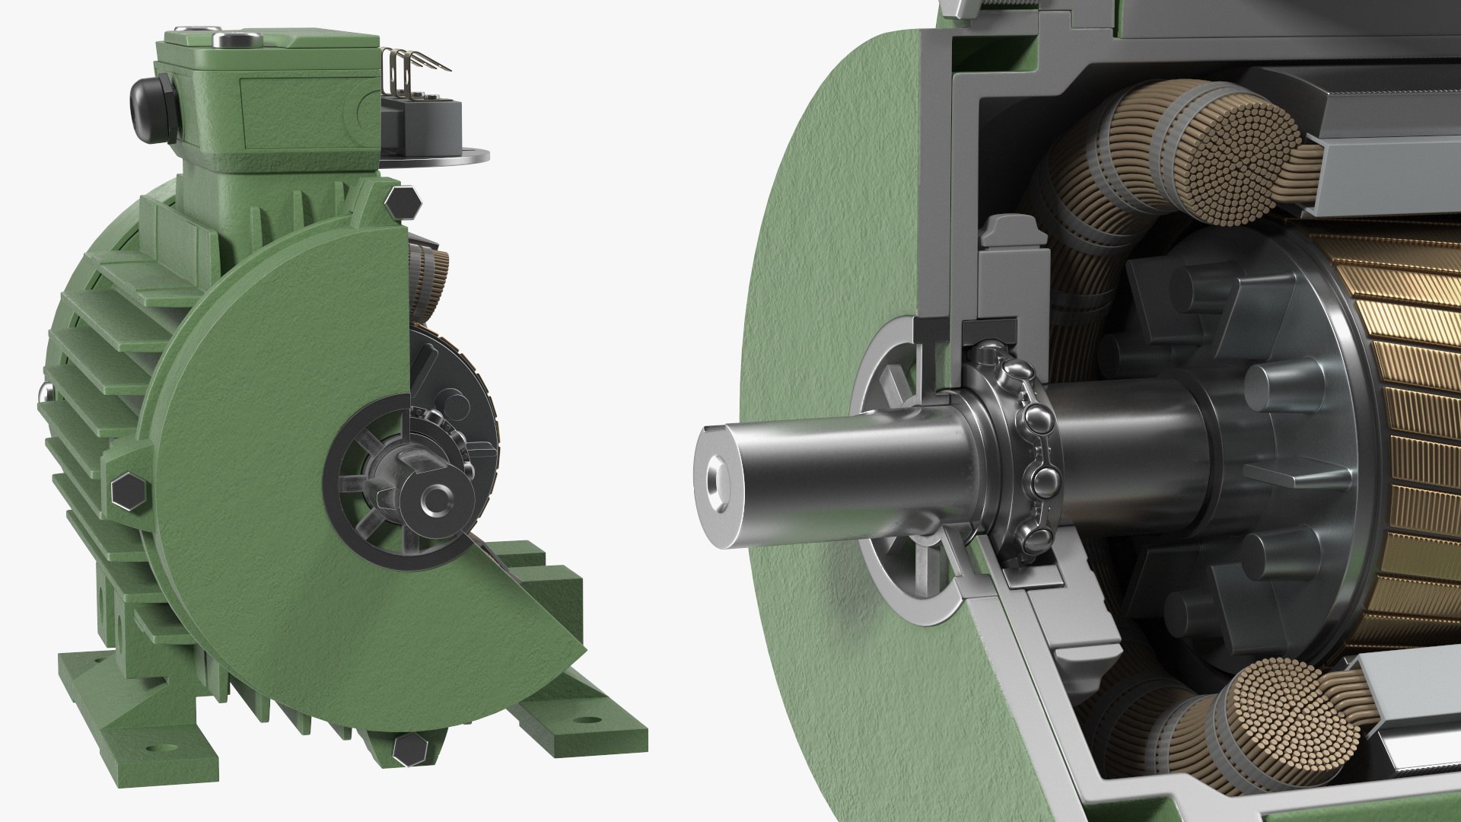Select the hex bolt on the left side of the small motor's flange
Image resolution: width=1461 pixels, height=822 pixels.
(126, 493)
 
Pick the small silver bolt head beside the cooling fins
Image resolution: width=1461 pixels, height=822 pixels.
(43, 391)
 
